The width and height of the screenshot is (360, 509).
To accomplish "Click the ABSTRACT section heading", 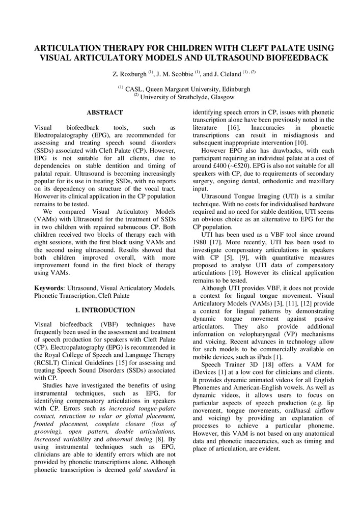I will coord(104,112).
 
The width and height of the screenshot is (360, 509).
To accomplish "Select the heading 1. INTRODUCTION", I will coord(104,310).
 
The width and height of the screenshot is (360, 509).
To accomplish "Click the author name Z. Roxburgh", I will coord(129,74).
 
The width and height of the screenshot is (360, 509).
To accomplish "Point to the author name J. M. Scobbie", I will coord(176,74).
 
